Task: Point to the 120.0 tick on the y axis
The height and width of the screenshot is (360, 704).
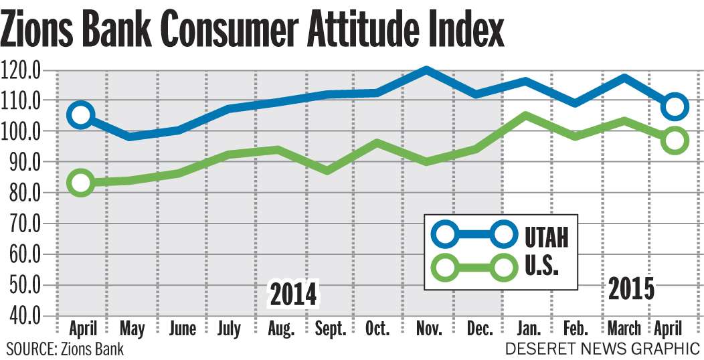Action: (22, 70)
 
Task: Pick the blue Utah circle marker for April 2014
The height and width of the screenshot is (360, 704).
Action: (81, 115)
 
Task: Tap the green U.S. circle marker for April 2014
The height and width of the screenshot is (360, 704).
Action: (81, 183)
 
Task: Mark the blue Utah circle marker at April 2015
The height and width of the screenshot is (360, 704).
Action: (675, 106)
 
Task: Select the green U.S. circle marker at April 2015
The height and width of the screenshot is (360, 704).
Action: (675, 141)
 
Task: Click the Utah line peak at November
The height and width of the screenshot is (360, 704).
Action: (426, 70)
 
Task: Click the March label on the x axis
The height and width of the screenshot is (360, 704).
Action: (623, 329)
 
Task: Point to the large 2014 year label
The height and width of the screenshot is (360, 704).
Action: (293, 294)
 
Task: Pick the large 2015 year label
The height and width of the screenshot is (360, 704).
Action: (631, 289)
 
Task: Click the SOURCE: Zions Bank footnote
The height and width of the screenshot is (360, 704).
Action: (65, 349)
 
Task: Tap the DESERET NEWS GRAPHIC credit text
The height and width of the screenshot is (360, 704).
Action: (602, 349)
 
